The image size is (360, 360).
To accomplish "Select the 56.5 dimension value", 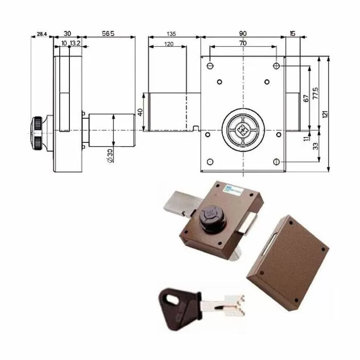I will (x=107, y=33).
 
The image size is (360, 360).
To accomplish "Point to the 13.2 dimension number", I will (x=75, y=44).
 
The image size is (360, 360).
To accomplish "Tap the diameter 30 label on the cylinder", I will (x=110, y=155).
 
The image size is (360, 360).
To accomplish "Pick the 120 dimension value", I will (x=168, y=44).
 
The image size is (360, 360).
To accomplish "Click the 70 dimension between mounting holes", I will (x=242, y=44).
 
